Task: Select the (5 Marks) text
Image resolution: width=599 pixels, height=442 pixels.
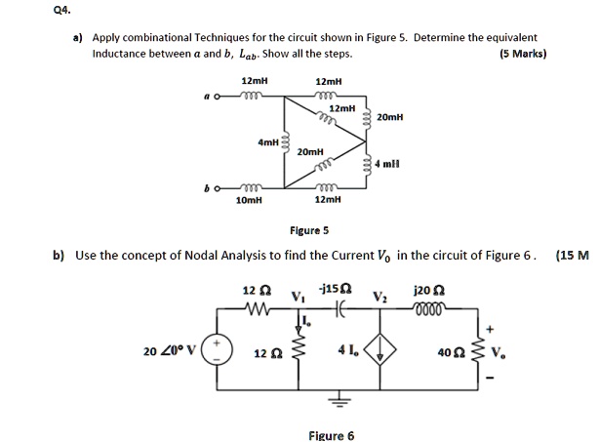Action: click(x=522, y=54)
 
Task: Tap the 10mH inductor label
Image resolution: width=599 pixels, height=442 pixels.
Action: click(x=250, y=199)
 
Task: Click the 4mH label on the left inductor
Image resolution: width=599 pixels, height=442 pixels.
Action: click(x=267, y=142)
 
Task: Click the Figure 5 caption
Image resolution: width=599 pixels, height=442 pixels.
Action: click(x=310, y=231)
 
